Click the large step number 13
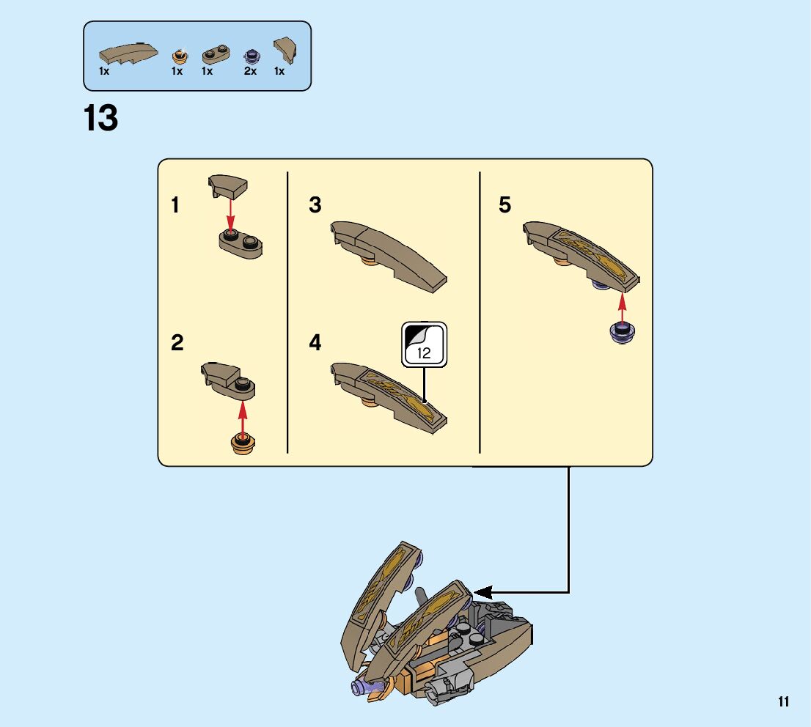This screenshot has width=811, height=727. pos(101,118)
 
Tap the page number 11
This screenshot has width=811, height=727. pos(784,702)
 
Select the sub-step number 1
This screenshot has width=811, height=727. pos(175,206)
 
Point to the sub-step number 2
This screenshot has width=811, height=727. pos(177,343)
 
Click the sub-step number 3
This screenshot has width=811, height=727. pos(315,206)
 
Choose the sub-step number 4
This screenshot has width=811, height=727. pos(315,343)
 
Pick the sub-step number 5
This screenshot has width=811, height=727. pos(504,206)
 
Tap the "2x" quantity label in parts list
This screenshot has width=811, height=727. pos(251,72)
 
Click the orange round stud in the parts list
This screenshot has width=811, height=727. pos(178,56)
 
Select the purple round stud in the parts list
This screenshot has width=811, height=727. pos(252,55)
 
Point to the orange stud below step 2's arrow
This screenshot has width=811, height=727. pos(242,442)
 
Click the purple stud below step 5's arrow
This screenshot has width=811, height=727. pos(623,333)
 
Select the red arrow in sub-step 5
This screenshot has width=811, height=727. pos(623,307)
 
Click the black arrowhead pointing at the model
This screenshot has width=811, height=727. pos(482,591)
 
